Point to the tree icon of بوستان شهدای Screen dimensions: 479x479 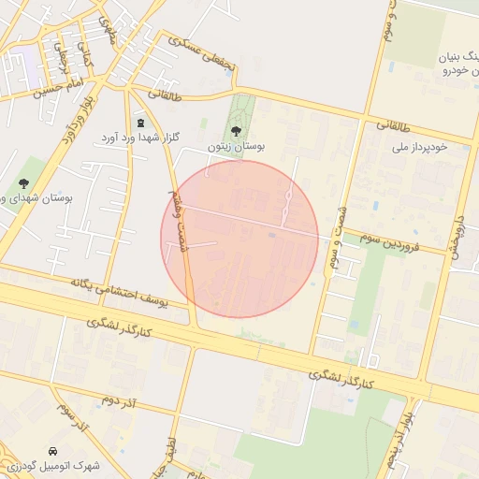(24, 183)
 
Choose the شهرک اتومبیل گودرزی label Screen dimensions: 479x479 (53, 465)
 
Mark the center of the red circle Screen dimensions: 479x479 (239, 239)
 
